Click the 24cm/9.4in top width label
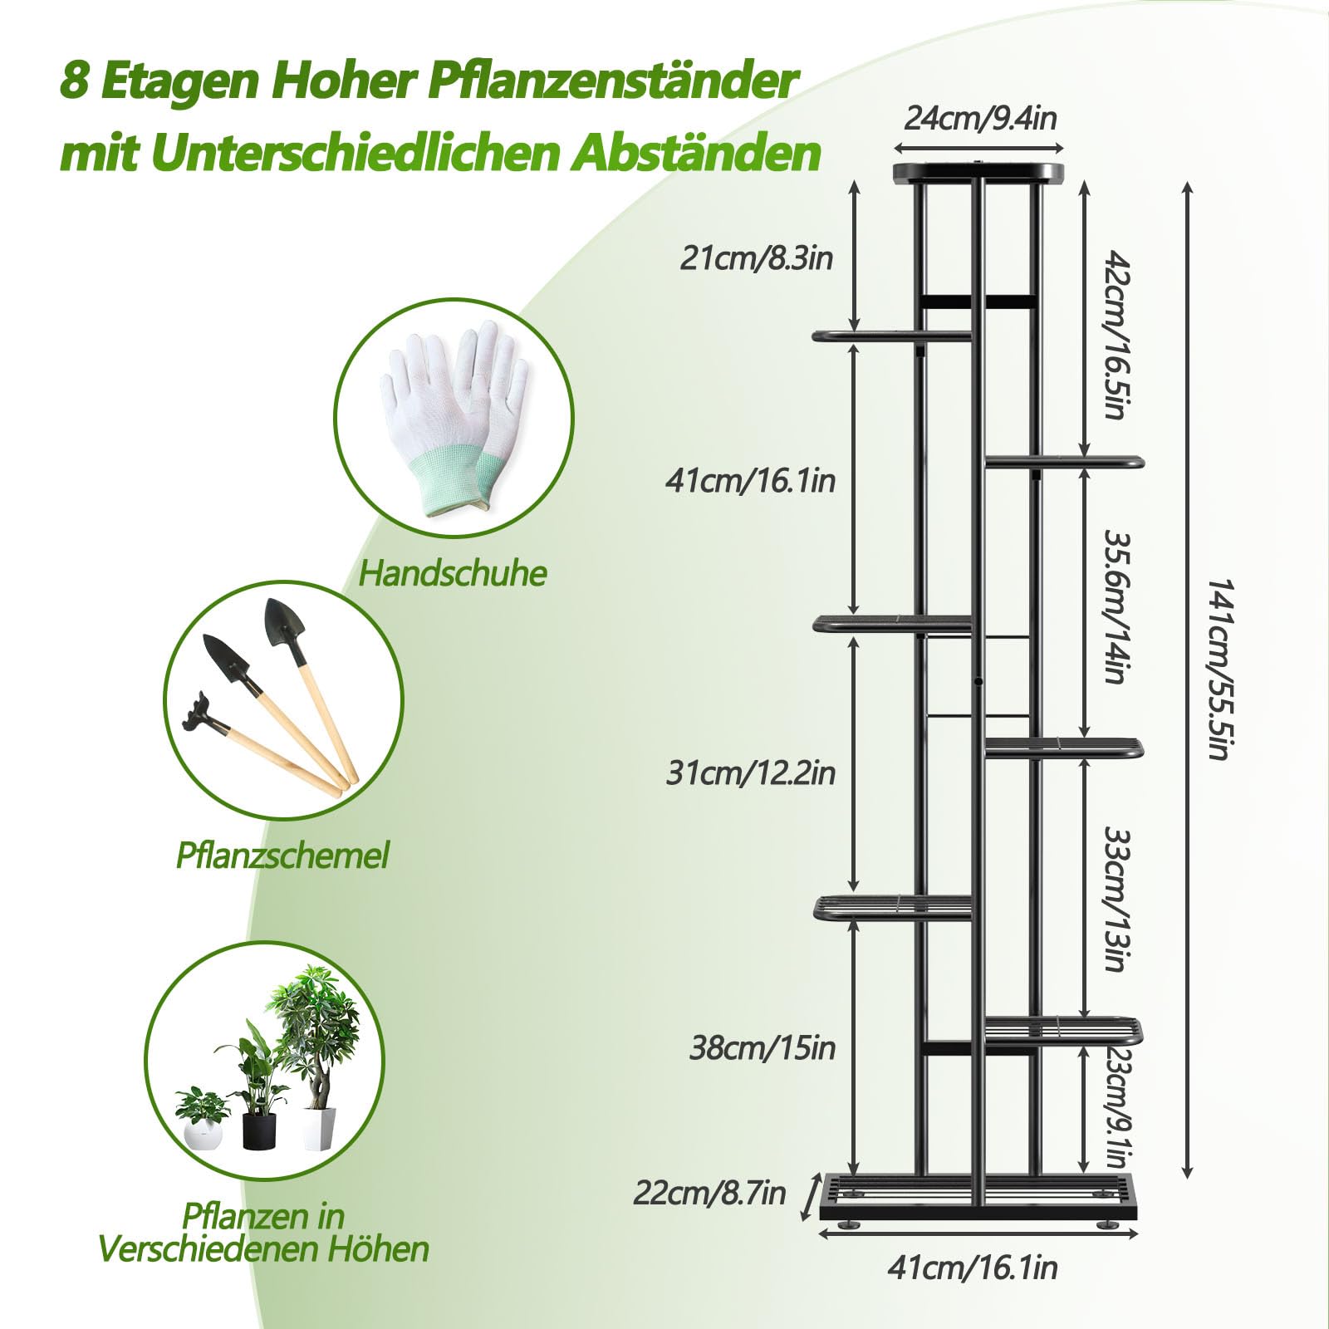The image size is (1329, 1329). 979,119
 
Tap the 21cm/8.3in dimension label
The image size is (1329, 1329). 756,258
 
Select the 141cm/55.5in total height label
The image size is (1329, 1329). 1218,669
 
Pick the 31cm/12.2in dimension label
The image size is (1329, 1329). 750,773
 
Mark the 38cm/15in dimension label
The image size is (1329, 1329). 762,1048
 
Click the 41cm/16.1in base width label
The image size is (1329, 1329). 972,1268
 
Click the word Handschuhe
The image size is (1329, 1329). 453,574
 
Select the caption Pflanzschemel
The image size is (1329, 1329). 282,856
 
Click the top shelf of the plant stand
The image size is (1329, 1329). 978,173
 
